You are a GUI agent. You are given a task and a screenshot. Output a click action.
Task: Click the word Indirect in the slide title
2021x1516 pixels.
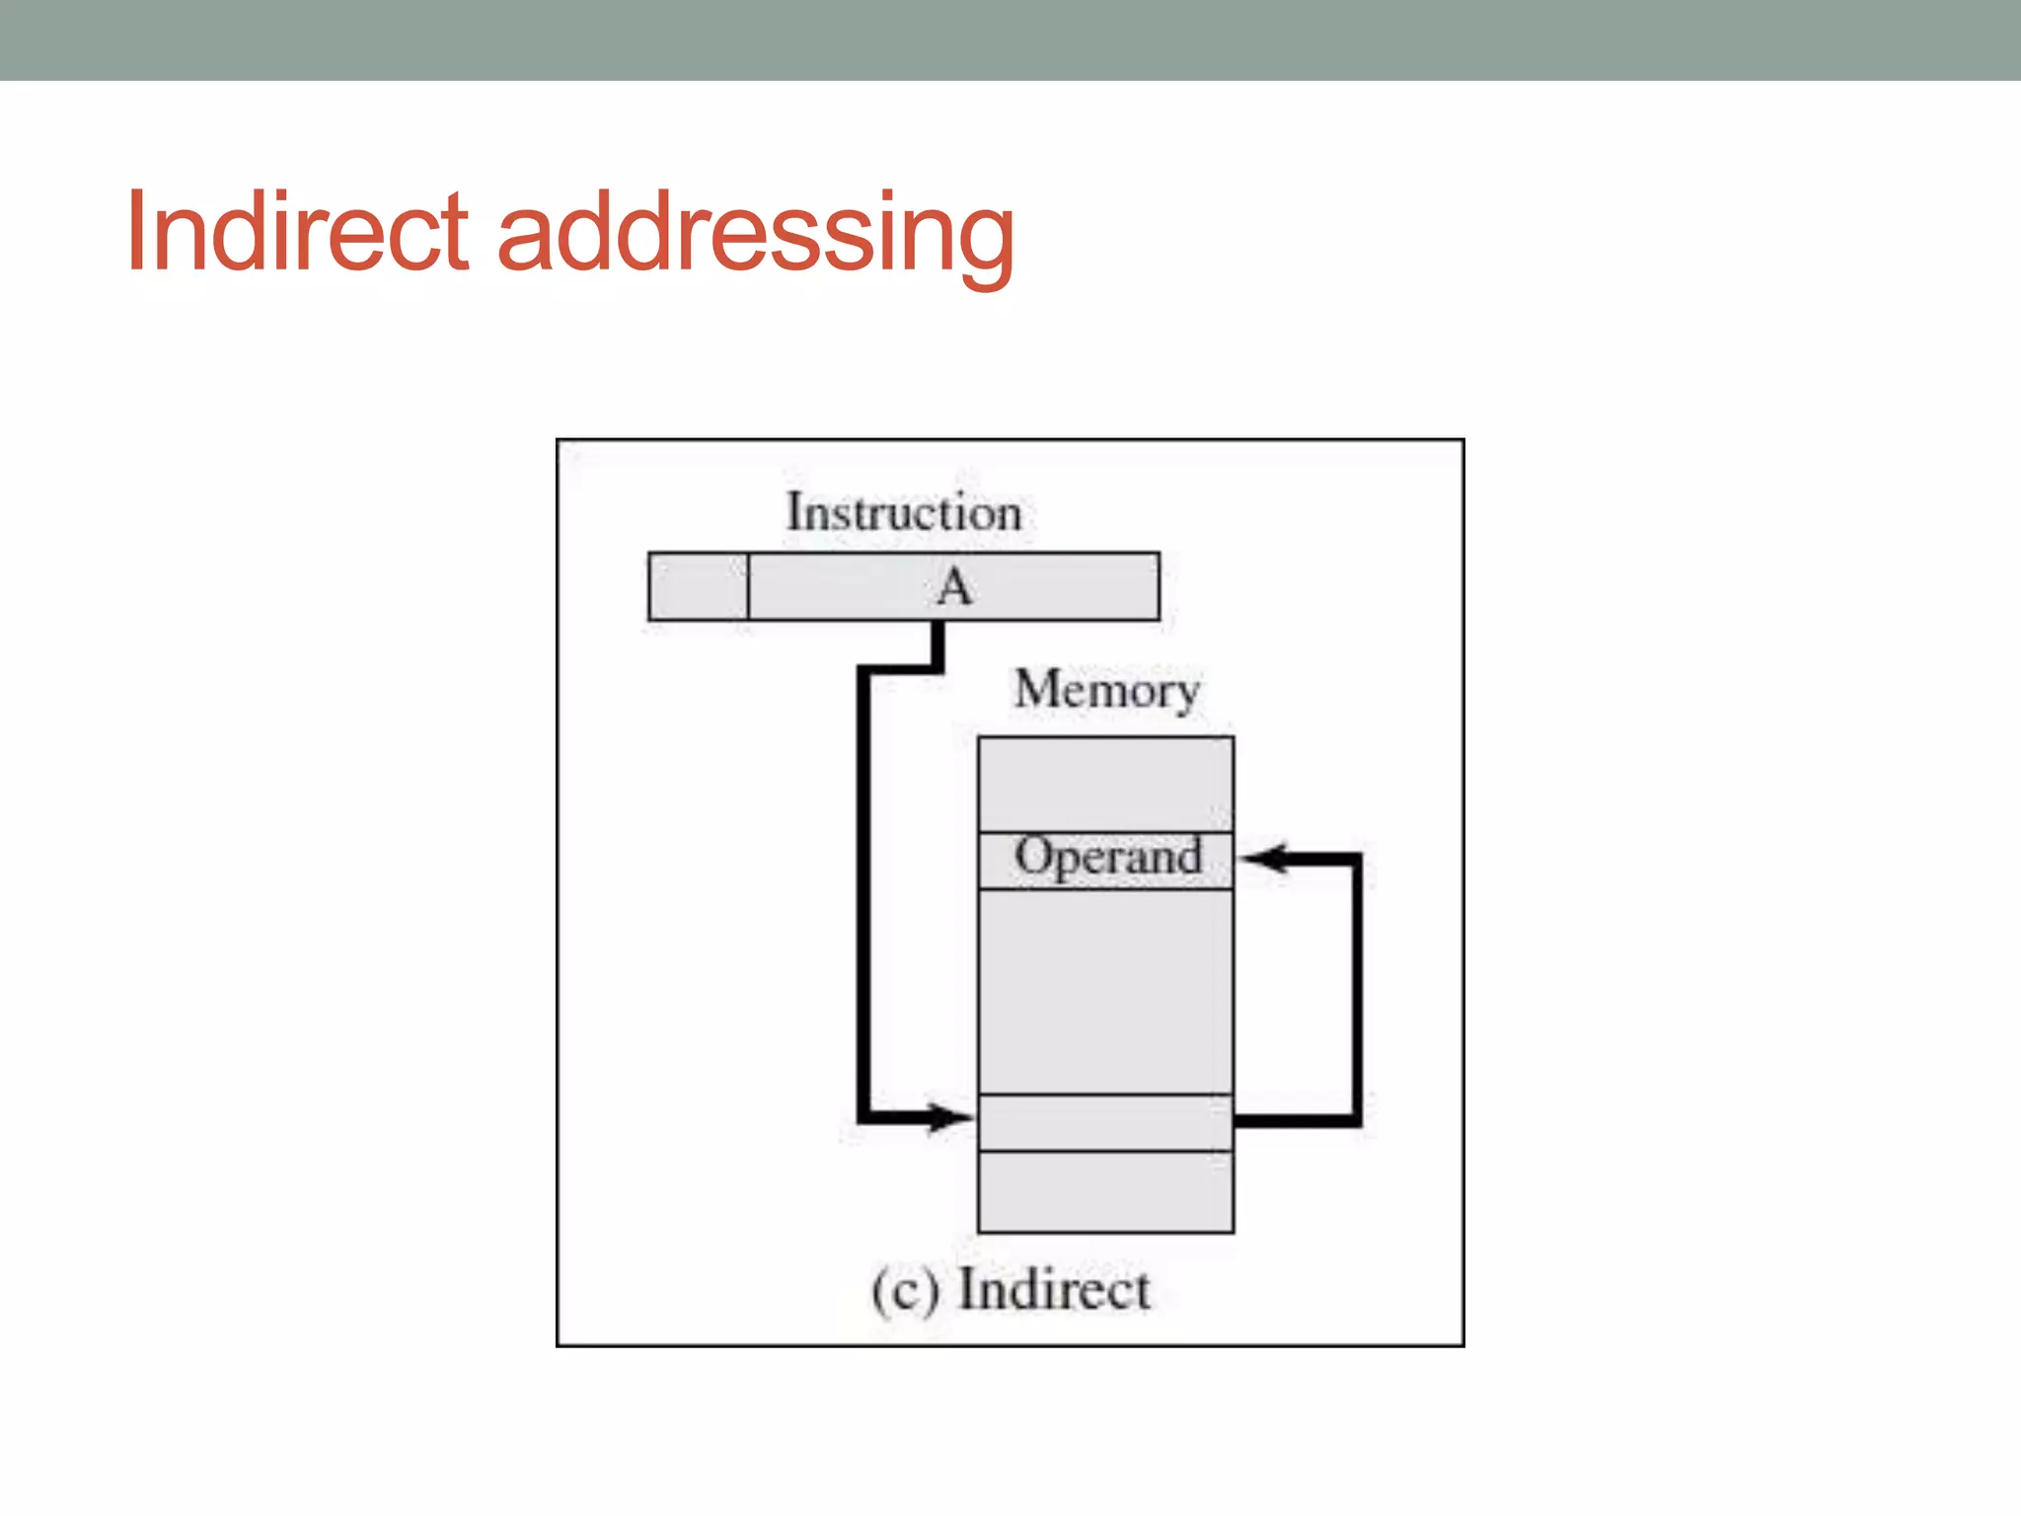pyautogui.click(x=297, y=233)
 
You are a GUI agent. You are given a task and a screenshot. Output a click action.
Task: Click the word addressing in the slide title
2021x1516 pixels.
pyautogui.click(x=755, y=237)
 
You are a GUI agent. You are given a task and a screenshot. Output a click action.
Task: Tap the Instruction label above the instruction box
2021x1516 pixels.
pyautogui.click(x=903, y=513)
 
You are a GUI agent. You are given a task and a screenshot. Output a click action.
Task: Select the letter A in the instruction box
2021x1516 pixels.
pyautogui.click(x=954, y=587)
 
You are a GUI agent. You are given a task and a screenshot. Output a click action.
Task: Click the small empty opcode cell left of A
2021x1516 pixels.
pyautogui.click(x=698, y=587)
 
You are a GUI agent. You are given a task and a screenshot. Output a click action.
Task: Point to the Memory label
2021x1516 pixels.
pyautogui.click(x=1107, y=690)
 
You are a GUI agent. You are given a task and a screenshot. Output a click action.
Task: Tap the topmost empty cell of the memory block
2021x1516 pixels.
pyautogui.click(x=1105, y=785)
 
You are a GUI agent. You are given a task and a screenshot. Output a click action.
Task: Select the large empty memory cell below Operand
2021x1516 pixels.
pyautogui.click(x=1105, y=992)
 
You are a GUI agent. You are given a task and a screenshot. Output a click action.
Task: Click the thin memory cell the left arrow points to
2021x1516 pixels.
pyautogui.click(x=1105, y=1122)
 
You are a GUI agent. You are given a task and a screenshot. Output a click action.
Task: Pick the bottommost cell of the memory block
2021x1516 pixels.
pyautogui.click(x=1105, y=1191)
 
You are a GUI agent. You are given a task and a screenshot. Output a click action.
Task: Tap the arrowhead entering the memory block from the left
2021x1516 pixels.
pyautogui.click(x=949, y=1118)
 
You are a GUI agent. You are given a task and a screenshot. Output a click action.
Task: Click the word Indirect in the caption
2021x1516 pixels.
pyautogui.click(x=1054, y=1290)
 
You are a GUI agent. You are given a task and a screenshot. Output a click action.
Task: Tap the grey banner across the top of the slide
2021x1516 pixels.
pyautogui.click(x=1010, y=39)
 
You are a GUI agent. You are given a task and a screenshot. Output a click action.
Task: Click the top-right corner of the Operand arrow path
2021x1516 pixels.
pyautogui.click(x=1356, y=860)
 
